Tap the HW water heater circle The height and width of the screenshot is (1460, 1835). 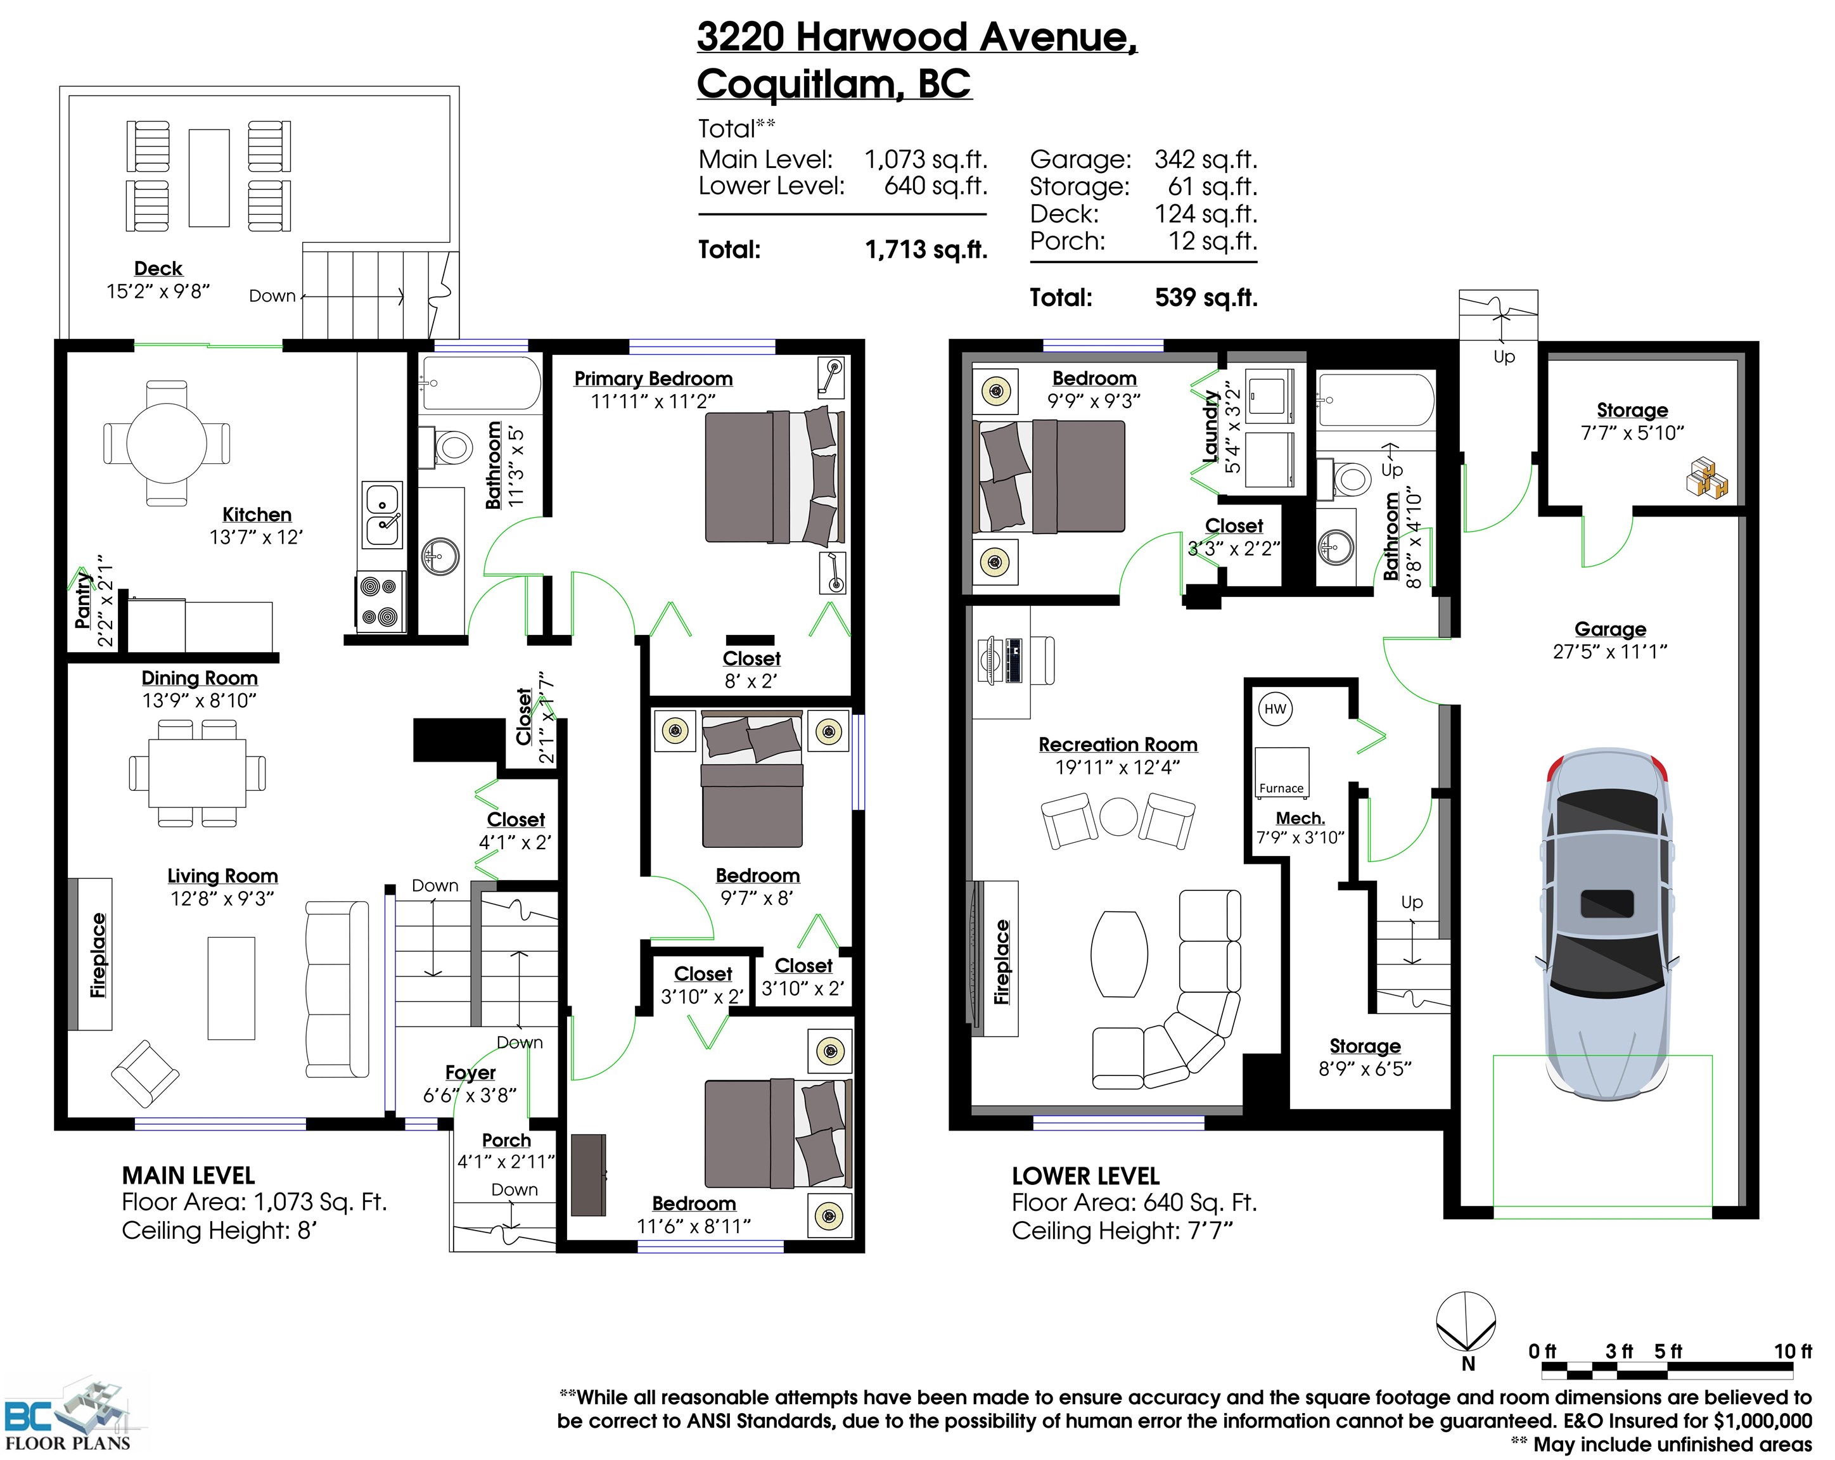coord(1275,709)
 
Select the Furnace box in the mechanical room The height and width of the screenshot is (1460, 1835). coord(1282,773)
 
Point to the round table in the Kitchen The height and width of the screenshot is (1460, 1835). coord(167,443)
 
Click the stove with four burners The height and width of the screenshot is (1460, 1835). coord(380,601)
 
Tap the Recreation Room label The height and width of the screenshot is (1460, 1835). coord(1118,745)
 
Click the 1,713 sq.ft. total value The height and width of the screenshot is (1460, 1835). coord(926,250)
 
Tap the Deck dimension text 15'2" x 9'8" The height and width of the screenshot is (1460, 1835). coord(158,291)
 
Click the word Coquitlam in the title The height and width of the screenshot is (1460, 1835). coord(796,84)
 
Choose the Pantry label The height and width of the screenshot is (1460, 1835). coord(82,600)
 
